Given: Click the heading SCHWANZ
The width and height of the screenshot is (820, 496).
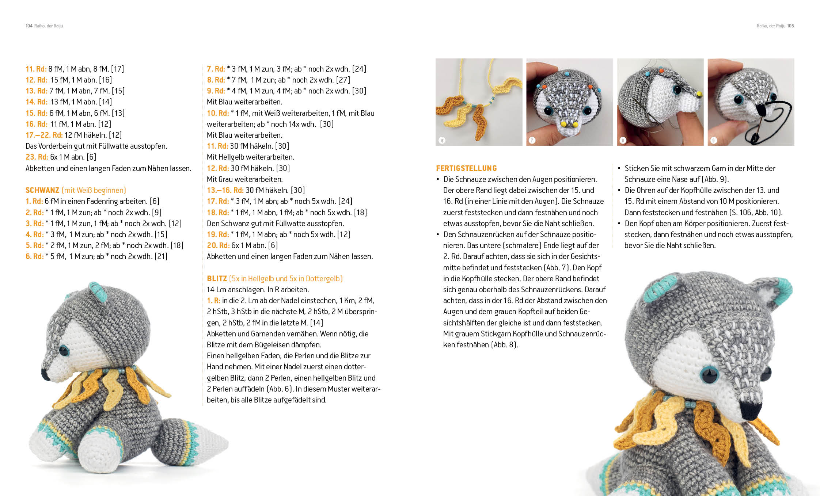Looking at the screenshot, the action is click(x=42, y=190).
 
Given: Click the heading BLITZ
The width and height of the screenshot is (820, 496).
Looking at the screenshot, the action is click(x=217, y=279).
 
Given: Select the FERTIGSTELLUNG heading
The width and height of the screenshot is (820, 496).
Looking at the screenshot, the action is click(x=466, y=168).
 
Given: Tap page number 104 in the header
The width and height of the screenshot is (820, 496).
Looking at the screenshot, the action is click(x=29, y=26).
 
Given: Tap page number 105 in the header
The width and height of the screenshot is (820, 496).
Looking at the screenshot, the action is click(x=790, y=26).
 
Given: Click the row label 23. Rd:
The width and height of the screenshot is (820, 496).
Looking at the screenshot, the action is click(x=37, y=157).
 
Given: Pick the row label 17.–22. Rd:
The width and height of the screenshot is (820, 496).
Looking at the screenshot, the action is click(x=44, y=135).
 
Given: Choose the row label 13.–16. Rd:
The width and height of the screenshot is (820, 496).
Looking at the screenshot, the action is click(x=225, y=190).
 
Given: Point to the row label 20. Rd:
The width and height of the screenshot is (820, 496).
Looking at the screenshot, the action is click(x=218, y=245).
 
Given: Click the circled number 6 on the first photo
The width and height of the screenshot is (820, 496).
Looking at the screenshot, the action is click(x=442, y=141).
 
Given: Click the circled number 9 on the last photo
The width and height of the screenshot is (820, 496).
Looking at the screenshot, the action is click(x=714, y=141).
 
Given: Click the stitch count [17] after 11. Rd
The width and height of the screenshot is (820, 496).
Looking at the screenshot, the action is click(x=118, y=69).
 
